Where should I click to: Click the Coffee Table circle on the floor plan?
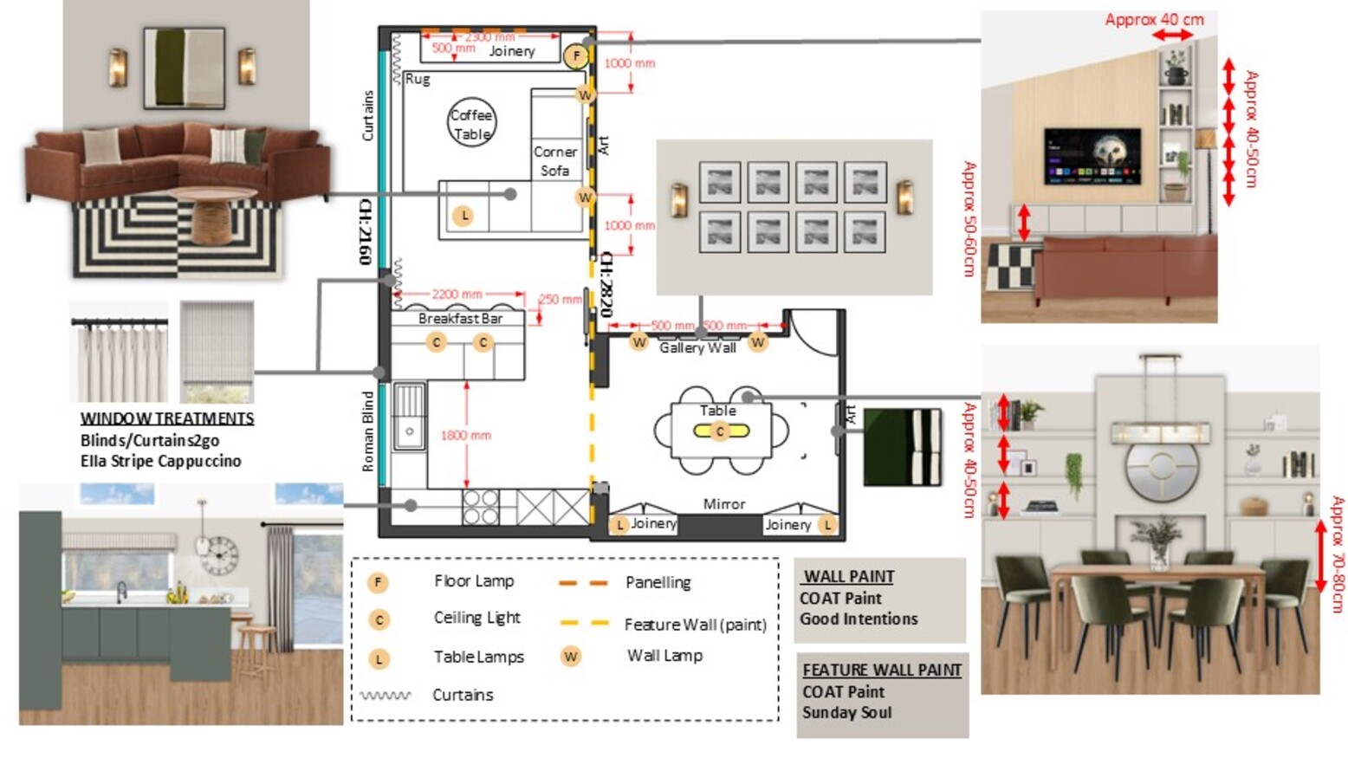tap(471, 122)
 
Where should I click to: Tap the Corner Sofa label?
tap(554, 161)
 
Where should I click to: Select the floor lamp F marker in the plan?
tap(576, 56)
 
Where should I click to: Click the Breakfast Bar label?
tap(460, 319)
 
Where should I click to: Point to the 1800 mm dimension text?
tap(465, 435)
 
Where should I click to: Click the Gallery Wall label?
tap(697, 348)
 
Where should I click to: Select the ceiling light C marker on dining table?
tap(720, 431)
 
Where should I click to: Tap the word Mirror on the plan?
tap(723, 504)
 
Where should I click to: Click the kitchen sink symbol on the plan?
tap(409, 416)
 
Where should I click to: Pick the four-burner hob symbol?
tap(480, 508)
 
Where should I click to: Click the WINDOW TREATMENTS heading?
tap(167, 418)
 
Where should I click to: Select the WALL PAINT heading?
tap(849, 577)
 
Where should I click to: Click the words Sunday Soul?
tap(846, 713)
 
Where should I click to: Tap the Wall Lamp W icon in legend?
tap(570, 657)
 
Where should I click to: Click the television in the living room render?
tap(1092, 157)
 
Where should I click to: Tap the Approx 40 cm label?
tap(1154, 19)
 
